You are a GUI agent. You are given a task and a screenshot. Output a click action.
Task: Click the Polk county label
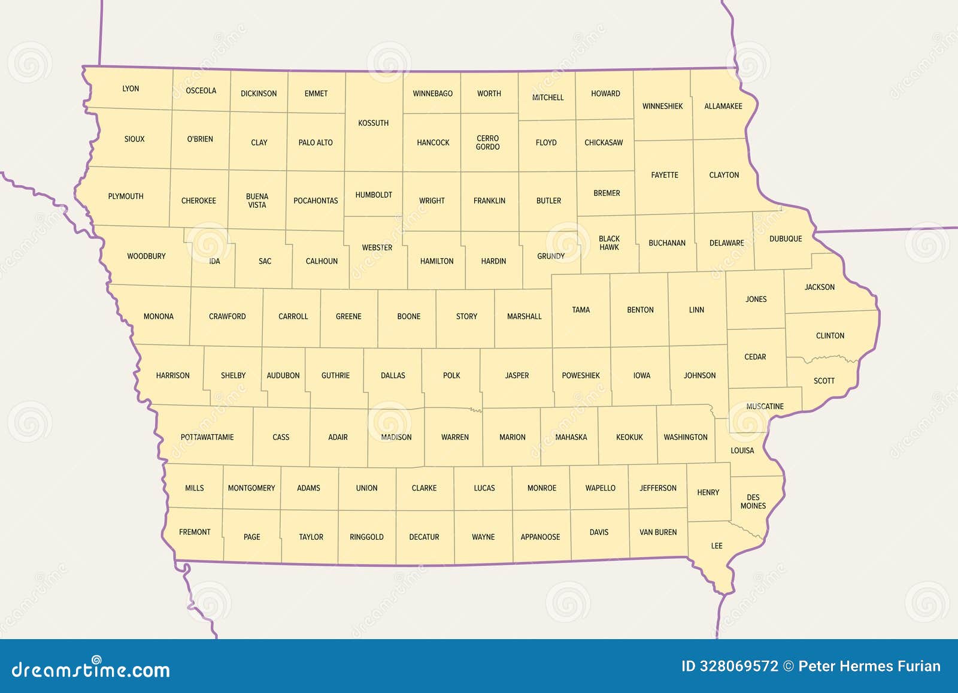tap(451, 376)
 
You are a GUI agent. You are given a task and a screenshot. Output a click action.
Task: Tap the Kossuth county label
tap(373, 123)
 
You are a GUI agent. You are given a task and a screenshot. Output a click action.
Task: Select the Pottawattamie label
tap(207, 437)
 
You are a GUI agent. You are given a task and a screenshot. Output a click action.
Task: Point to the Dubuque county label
tap(786, 238)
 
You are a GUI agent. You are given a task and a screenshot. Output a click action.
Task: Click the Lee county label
tap(717, 546)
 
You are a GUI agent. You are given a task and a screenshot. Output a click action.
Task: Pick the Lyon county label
tap(131, 89)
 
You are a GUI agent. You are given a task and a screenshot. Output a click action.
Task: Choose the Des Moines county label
tap(753, 501)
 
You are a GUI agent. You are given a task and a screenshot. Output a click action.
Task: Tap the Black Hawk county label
tap(609, 243)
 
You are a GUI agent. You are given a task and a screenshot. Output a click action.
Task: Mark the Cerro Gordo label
tap(487, 143)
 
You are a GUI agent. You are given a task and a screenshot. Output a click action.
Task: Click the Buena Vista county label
tap(257, 201)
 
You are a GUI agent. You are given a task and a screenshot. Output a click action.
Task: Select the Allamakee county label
tap(723, 106)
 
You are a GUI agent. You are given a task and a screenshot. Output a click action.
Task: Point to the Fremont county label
tap(195, 532)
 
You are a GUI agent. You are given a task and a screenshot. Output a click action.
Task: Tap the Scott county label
tap(824, 380)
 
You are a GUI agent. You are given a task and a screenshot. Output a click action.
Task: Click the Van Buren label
tap(658, 532)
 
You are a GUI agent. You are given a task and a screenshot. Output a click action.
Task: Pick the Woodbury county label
tap(146, 256)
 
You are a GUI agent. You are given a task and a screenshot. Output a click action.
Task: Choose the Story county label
tap(466, 316)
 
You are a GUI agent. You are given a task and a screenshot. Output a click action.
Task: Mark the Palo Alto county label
tap(316, 143)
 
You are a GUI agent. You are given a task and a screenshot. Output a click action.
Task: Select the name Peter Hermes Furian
tap(869, 666)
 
